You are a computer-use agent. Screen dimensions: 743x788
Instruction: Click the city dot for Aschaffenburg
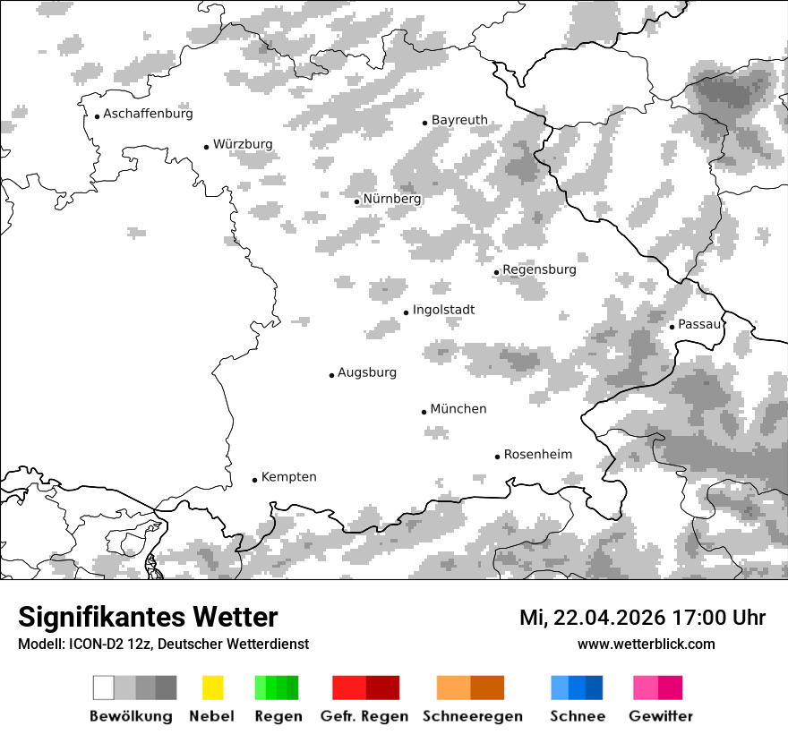[97, 115]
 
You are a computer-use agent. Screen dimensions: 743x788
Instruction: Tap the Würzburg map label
[243, 144]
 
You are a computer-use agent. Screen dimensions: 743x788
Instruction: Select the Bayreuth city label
[459, 120]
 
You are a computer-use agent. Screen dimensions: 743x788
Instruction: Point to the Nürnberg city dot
[356, 201]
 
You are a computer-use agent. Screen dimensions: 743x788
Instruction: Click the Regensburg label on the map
[539, 269]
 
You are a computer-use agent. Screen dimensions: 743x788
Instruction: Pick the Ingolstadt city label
[443, 311]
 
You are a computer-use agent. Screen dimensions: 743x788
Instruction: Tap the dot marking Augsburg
[331, 375]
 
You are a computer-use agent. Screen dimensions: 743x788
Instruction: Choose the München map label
[458, 409]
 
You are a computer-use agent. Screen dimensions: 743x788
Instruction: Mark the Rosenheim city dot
[497, 457]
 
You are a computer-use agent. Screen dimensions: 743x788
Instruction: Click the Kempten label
[288, 477]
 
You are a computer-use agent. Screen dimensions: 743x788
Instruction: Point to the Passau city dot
[672, 327]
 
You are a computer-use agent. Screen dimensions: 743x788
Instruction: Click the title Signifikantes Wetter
[148, 618]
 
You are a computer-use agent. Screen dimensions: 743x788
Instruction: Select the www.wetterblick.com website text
[646, 645]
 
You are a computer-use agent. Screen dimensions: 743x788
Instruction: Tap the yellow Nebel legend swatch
[212, 687]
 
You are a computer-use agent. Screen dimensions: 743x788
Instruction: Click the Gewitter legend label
[660, 716]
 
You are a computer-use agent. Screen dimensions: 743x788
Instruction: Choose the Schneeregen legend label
[472, 716]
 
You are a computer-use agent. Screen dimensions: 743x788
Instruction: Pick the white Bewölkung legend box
[104, 687]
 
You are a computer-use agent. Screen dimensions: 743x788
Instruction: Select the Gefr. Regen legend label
[364, 716]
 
